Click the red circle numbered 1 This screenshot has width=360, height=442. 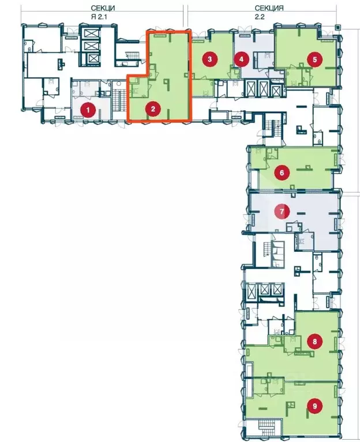pyautogui.click(x=88, y=110)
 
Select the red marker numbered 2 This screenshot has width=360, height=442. pyautogui.click(x=153, y=108)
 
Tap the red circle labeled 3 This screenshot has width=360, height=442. pyautogui.click(x=209, y=59)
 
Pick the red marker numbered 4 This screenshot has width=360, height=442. pyautogui.click(x=241, y=59)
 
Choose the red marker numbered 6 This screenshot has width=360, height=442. pyautogui.click(x=282, y=172)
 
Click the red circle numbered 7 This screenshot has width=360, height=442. pyautogui.click(x=282, y=211)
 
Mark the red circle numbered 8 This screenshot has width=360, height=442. pyautogui.click(x=314, y=342)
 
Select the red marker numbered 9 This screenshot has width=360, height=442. pyautogui.click(x=314, y=406)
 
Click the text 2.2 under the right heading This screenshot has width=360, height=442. pyautogui.click(x=260, y=17)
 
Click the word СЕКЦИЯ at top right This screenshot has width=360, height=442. pyautogui.click(x=269, y=8)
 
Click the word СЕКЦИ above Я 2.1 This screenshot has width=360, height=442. pyautogui.click(x=103, y=8)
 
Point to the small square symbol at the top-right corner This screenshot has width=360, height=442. pyautogui.click(x=338, y=27)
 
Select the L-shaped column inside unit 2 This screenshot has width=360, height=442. pyautogui.click(x=167, y=82)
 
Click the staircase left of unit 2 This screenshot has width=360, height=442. pyautogui.click(x=133, y=55)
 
